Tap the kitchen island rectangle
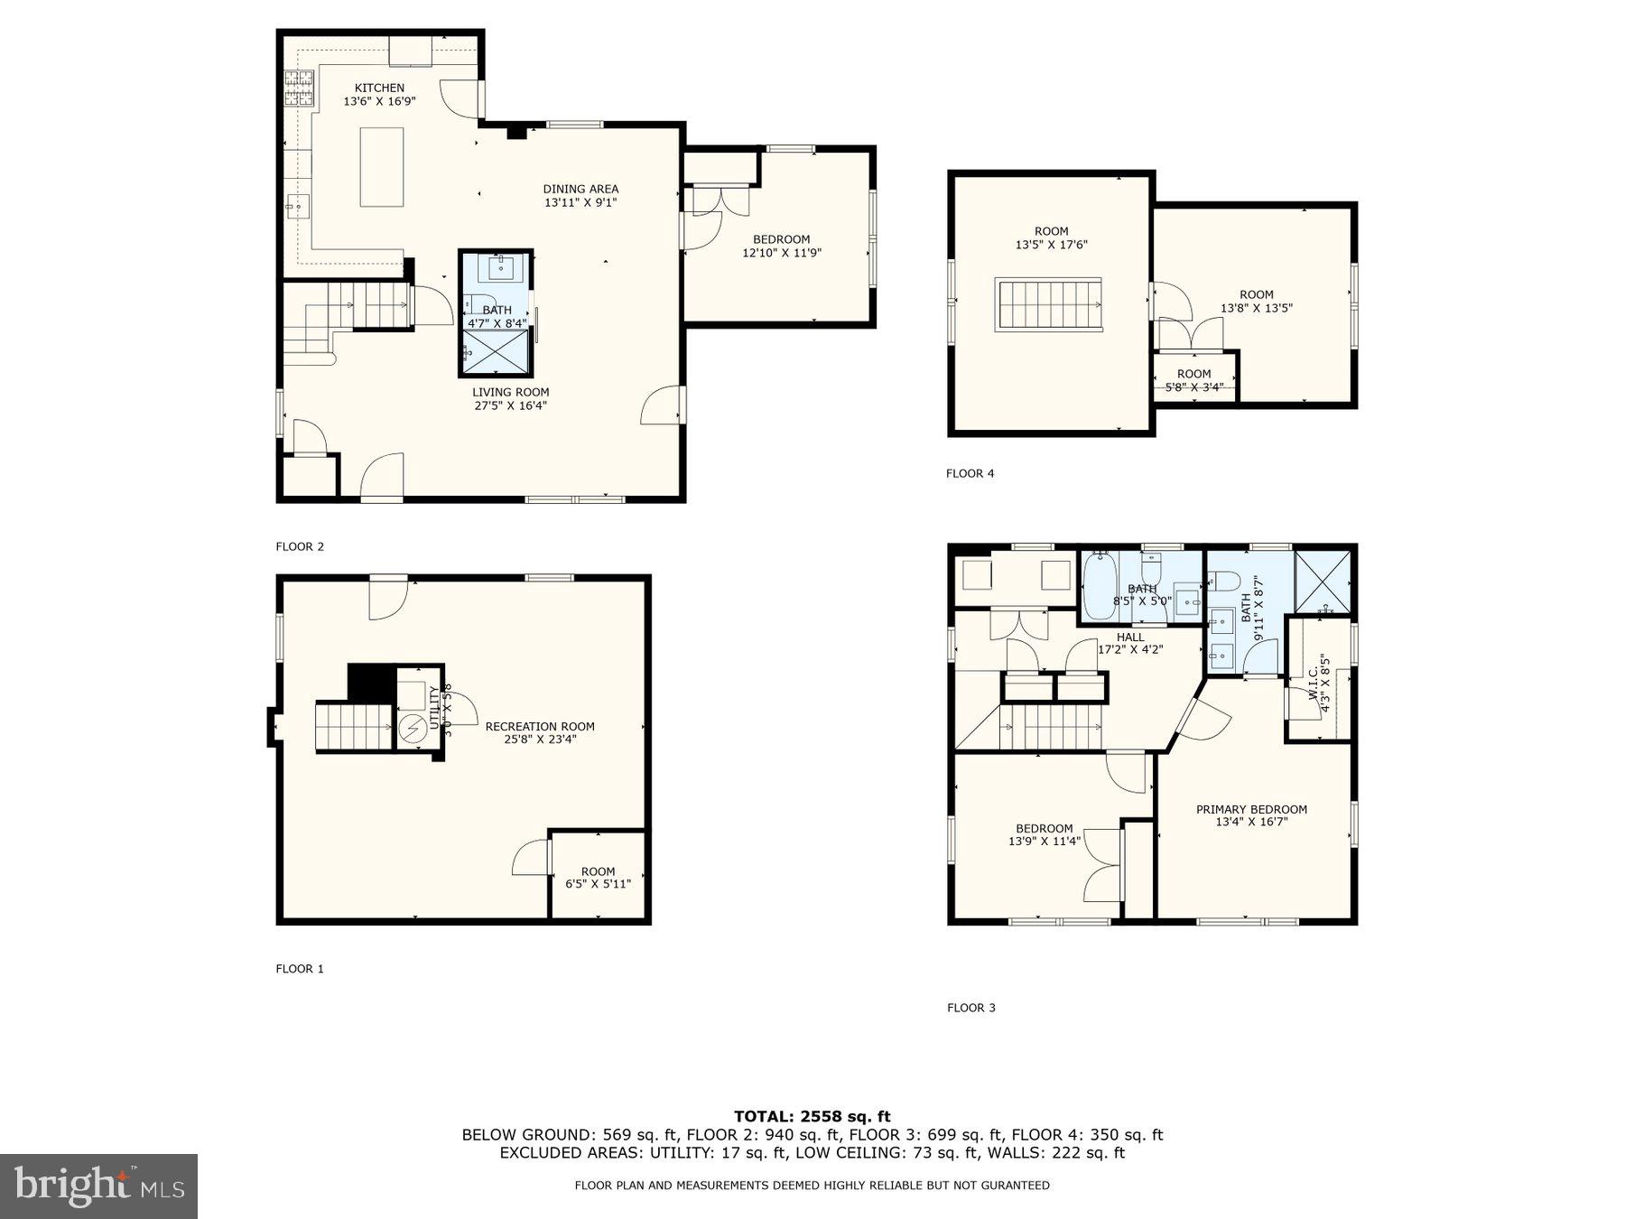(382, 167)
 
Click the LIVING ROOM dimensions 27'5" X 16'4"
(511, 405)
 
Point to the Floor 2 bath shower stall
(495, 352)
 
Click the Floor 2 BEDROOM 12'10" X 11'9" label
(781, 246)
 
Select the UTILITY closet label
(434, 709)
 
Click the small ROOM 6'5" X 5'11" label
(598, 878)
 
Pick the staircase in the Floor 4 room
(1048, 305)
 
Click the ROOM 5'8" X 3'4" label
(1193, 380)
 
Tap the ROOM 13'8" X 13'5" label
(1256, 301)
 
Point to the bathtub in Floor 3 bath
(1100, 587)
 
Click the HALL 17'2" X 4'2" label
(1129, 643)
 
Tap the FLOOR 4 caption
(970, 473)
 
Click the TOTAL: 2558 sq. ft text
(812, 1116)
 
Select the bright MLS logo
(98, 1186)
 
